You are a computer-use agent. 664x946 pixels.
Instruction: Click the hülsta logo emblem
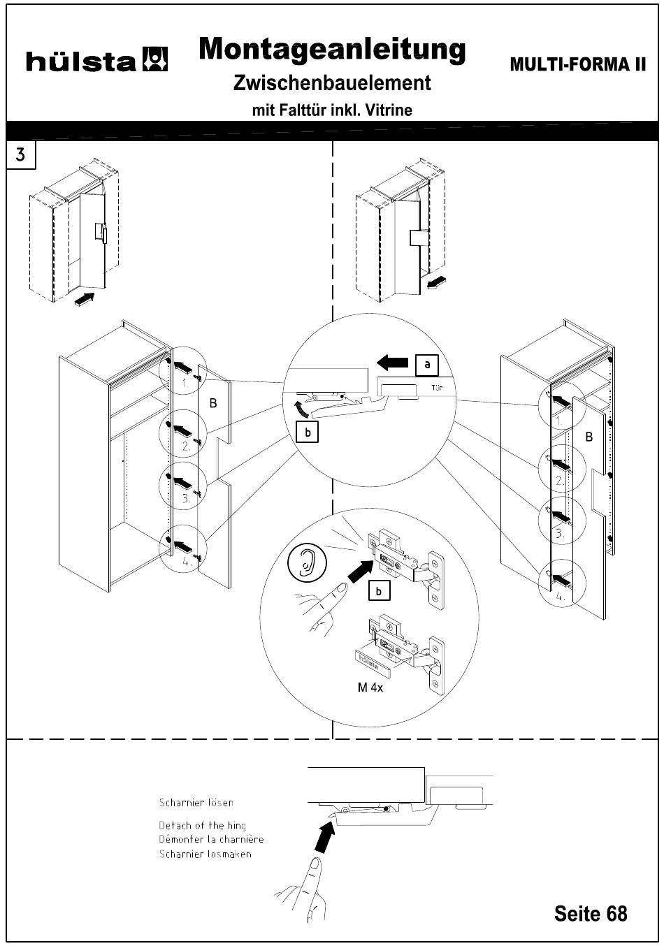(154, 59)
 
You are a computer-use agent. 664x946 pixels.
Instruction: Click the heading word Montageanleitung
(332, 49)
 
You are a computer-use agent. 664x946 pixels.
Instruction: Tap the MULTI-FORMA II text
(577, 65)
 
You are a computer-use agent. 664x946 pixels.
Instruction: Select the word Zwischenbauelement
(332, 83)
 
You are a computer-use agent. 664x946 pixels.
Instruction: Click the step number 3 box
(20, 154)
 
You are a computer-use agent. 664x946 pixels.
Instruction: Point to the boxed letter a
(427, 364)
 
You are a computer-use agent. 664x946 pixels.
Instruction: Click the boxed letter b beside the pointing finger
(378, 591)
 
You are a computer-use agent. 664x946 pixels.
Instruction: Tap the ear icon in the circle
(305, 560)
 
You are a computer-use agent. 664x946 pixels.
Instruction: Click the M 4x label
(370, 687)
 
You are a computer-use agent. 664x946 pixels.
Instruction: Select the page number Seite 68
(591, 913)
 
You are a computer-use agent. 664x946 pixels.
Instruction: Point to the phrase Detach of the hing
(202, 825)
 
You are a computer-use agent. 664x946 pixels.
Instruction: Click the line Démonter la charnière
(211, 839)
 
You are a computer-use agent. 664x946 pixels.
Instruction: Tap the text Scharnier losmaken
(205, 854)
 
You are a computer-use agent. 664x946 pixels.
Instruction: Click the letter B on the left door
(213, 403)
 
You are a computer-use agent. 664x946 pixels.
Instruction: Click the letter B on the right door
(589, 437)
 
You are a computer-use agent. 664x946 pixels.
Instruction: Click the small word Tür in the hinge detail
(437, 386)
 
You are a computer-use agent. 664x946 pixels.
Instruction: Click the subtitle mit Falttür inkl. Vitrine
(332, 110)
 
